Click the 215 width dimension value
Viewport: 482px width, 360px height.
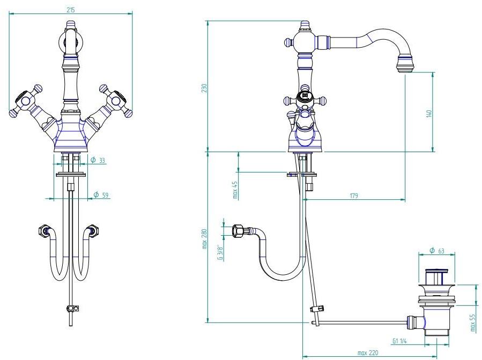coord(71,10)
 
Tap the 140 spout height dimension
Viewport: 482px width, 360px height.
coord(428,114)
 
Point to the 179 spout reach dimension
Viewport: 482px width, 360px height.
coord(354,196)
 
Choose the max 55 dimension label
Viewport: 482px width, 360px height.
coord(472,323)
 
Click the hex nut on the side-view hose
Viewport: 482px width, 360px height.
coord(238,231)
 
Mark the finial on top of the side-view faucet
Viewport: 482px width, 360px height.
coord(305,25)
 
